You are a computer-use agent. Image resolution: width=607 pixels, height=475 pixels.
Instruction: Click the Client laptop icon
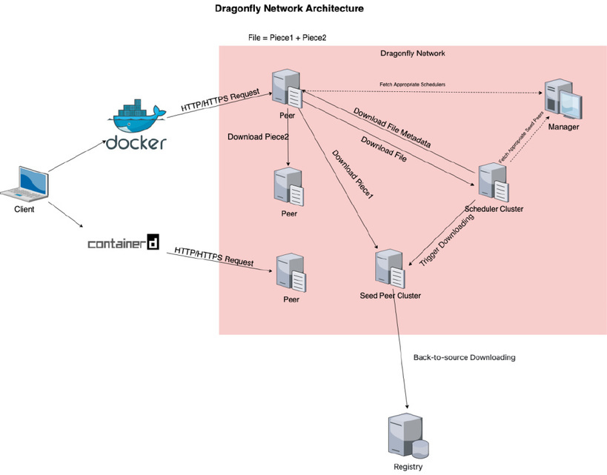pos(24,185)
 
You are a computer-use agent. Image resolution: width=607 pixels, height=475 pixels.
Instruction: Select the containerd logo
pos(124,242)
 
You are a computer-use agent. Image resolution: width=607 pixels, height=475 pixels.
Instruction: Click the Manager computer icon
pos(563,99)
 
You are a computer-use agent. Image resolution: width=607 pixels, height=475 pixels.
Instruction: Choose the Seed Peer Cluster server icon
pos(390,269)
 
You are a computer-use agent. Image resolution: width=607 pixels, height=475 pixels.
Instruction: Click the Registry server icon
pos(408,436)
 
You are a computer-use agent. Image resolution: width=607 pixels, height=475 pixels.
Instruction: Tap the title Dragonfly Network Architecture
pos(289,8)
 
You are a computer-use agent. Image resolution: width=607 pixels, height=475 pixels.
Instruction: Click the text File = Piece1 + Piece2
pos(288,38)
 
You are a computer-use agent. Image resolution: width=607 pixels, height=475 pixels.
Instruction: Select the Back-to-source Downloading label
pos(464,357)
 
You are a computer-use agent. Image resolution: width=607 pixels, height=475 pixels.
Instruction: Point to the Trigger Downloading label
pos(447,240)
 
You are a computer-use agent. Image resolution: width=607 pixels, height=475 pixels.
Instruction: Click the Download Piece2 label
pos(258,136)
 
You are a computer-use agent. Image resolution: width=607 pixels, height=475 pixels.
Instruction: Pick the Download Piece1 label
pos(353,175)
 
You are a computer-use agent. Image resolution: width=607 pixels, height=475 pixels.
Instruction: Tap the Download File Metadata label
pos(392,127)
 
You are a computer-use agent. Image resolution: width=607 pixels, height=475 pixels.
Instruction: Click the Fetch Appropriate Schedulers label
pos(412,84)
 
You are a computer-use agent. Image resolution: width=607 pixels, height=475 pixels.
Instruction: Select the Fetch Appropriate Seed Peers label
pos(521,137)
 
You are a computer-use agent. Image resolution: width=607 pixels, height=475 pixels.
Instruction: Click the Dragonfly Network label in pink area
pos(413,53)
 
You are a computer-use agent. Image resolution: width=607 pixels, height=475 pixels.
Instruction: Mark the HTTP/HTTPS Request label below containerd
pos(214,256)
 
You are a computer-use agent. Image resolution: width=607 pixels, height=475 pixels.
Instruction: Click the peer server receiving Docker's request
pos(287,88)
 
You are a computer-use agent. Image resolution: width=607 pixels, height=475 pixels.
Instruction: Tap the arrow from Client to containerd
pos(65,214)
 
